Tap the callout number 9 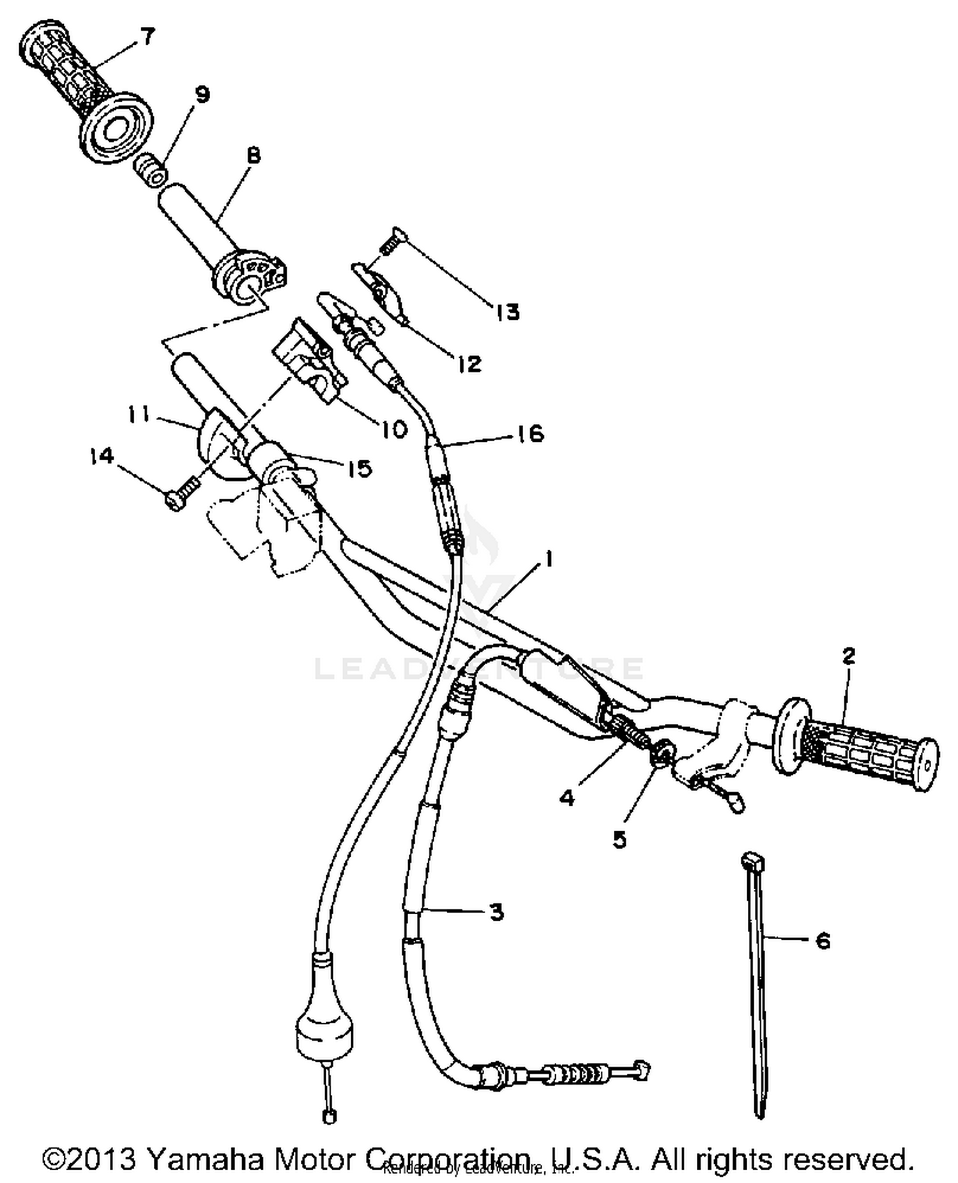click(x=202, y=95)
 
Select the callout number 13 click(x=508, y=312)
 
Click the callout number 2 click(x=848, y=656)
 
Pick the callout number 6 click(x=823, y=940)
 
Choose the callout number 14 click(x=102, y=456)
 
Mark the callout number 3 click(x=496, y=912)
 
